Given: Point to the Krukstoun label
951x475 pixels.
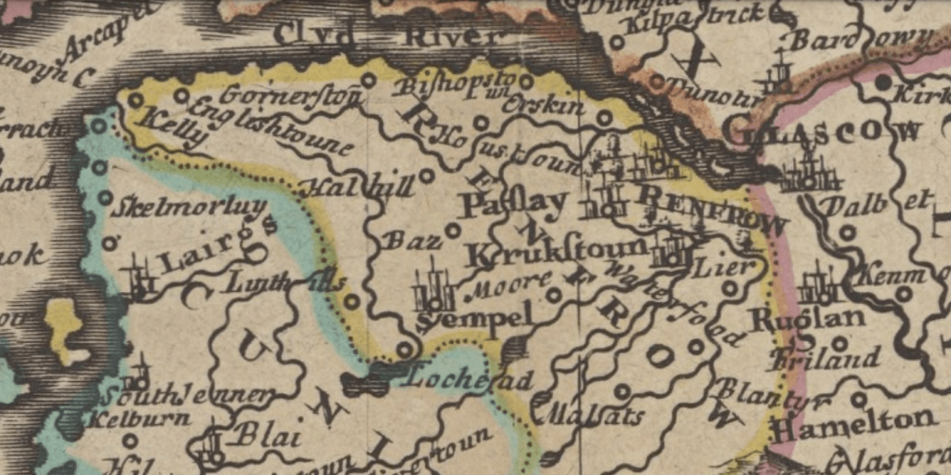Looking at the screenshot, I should (x=556, y=250).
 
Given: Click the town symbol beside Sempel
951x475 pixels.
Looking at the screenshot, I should (x=433, y=292).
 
